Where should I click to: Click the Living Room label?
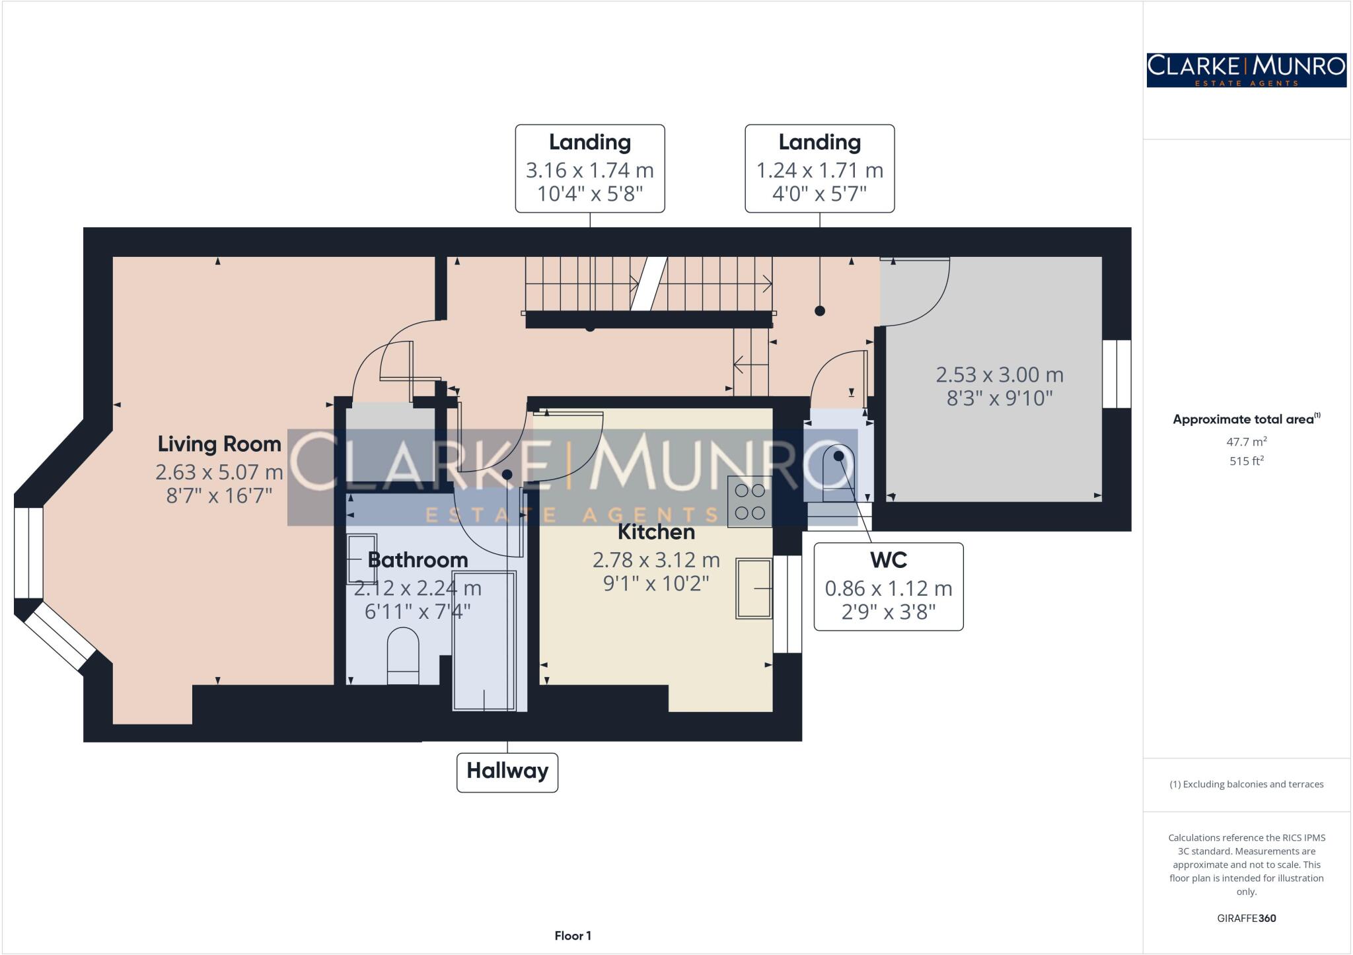click(x=219, y=444)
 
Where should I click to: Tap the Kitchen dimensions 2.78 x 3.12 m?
click(x=655, y=560)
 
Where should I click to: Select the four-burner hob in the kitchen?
click(x=750, y=501)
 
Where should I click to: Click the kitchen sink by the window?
click(x=754, y=588)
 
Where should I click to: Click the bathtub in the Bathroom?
click(x=484, y=641)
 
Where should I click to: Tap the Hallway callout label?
click(x=507, y=771)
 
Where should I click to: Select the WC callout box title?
click(x=888, y=560)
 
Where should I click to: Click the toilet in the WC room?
click(x=838, y=469)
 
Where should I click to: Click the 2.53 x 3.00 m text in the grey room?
click(x=999, y=375)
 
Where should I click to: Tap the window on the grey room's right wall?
click(x=1116, y=374)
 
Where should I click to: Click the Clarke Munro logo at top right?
click(x=1246, y=70)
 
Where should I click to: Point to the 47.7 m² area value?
click(x=1246, y=442)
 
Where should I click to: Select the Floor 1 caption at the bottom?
click(x=573, y=936)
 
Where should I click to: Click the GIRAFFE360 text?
click(x=1246, y=918)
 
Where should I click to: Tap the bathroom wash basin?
click(x=361, y=559)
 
